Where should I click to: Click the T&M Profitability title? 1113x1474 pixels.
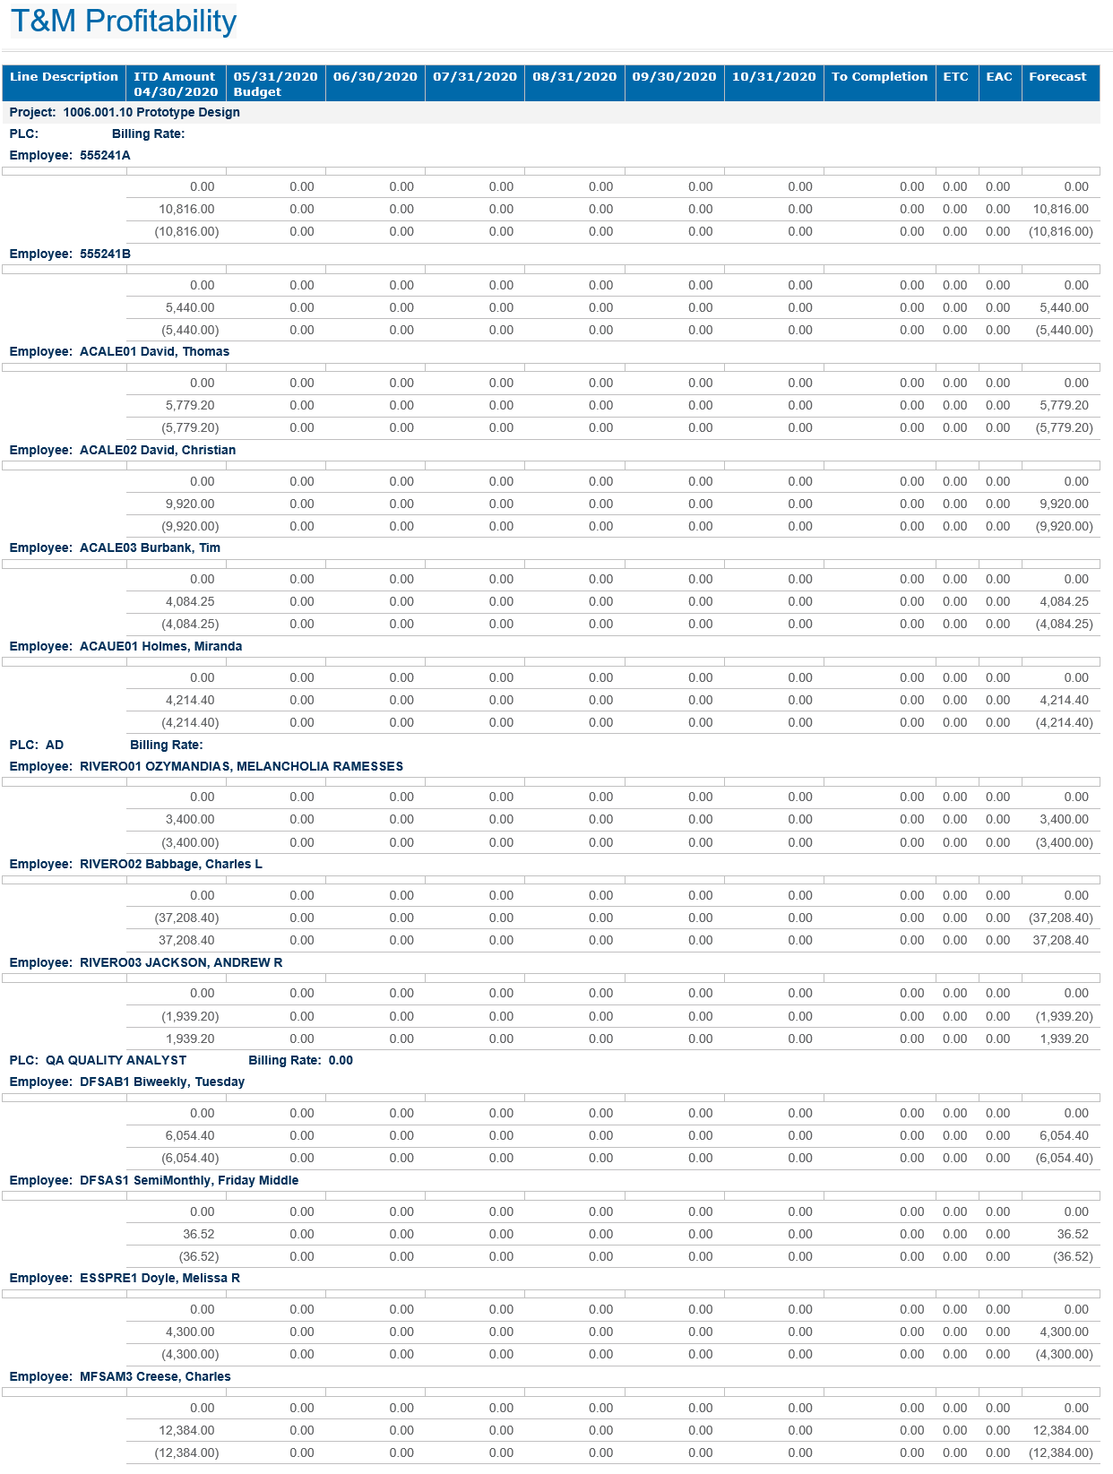pos(123,21)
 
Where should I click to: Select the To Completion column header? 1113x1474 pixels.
pos(879,77)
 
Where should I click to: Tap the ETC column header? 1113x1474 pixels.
pos(955,77)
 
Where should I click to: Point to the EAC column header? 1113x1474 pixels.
pos(999,77)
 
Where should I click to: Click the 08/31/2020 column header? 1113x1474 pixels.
pos(574,77)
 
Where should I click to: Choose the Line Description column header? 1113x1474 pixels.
pos(64,77)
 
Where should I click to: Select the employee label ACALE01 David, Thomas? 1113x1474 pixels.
pos(154,352)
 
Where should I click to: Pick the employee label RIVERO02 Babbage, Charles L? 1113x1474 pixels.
pos(170,865)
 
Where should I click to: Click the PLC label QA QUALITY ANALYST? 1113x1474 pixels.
pos(116,1061)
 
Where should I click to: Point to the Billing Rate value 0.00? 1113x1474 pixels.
pos(341,1061)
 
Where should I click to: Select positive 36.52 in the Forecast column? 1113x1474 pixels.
pos(1073,1235)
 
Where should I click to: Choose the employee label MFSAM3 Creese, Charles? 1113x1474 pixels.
pos(154,1377)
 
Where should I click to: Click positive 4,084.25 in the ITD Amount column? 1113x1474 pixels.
pos(190,602)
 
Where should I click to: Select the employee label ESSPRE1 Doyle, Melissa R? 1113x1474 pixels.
pos(160,1279)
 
